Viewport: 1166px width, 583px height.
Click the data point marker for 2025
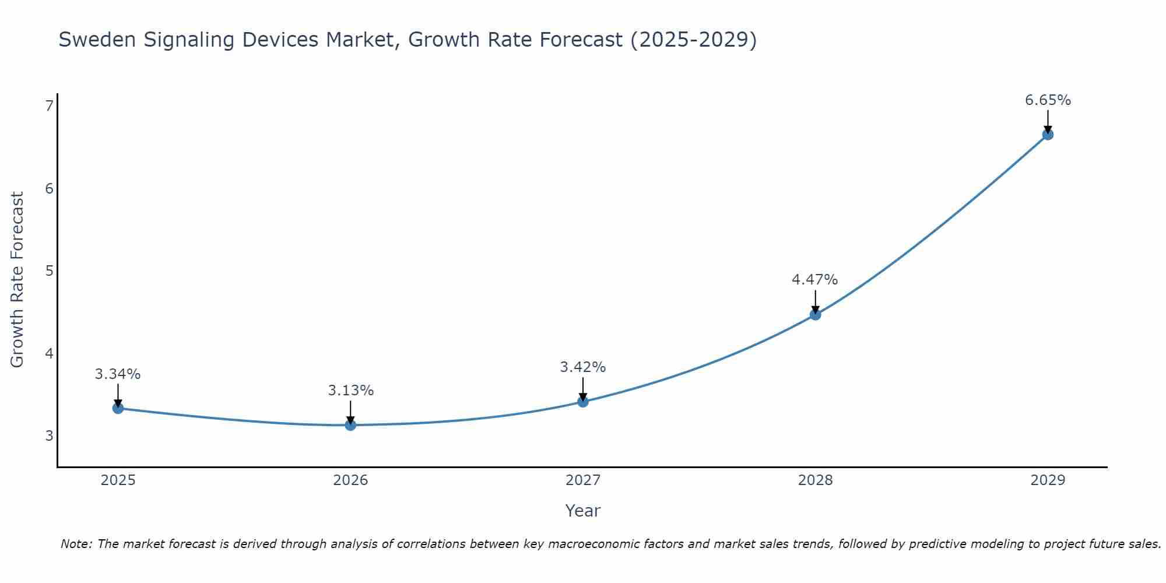click(x=118, y=408)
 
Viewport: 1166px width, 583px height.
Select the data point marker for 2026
click(x=350, y=425)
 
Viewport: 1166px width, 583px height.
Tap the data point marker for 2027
click(x=583, y=401)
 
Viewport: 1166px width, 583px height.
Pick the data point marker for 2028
click(x=815, y=315)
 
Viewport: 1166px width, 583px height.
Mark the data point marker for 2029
click(x=1048, y=135)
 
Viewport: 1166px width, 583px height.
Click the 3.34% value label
click(x=118, y=374)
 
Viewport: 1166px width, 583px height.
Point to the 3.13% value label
click(x=350, y=391)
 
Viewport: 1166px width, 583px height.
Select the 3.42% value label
click(x=583, y=367)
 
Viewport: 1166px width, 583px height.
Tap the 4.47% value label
click(x=814, y=280)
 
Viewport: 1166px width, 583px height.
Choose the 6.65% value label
click(x=1048, y=100)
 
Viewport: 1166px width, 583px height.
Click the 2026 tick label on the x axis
click(x=350, y=480)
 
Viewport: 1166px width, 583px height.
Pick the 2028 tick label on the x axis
click(x=815, y=480)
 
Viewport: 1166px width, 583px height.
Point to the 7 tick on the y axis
click(x=49, y=106)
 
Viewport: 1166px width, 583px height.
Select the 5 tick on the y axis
click(x=49, y=271)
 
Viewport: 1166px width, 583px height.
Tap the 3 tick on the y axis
click(x=49, y=436)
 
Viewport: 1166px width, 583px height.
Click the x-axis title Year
click(x=582, y=511)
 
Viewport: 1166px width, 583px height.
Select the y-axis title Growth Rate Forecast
click(x=17, y=280)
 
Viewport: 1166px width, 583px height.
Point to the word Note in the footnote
click(x=76, y=544)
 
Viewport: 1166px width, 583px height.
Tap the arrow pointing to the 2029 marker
click(x=1048, y=122)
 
